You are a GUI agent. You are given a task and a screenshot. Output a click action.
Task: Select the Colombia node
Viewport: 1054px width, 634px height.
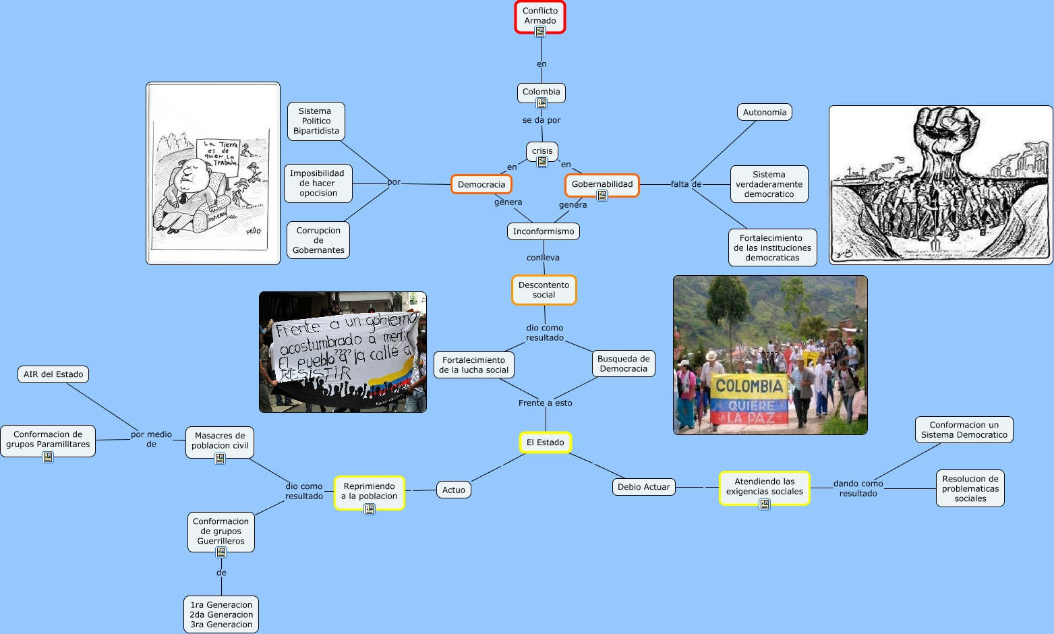click(x=541, y=92)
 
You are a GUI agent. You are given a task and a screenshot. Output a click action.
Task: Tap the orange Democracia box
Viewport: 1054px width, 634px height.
click(x=481, y=184)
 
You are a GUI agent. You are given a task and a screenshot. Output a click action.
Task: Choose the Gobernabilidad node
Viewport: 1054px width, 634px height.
click(x=602, y=184)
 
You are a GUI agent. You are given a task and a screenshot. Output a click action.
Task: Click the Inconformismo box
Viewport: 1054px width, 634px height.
click(x=544, y=231)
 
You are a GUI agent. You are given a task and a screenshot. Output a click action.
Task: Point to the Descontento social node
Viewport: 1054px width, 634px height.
click(x=544, y=289)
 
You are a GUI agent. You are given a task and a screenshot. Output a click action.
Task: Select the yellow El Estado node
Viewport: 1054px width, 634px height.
click(x=545, y=442)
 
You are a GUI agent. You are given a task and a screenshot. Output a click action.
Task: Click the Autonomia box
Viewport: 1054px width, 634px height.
click(x=765, y=113)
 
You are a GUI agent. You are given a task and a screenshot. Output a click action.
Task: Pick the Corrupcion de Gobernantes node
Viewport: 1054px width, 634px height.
click(x=318, y=240)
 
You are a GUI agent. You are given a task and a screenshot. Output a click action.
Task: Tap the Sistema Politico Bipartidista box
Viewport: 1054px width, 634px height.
click(x=316, y=121)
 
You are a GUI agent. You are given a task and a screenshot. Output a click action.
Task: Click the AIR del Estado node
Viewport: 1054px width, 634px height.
click(x=53, y=374)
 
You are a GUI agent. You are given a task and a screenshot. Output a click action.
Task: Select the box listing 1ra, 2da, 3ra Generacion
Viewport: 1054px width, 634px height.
click(x=221, y=614)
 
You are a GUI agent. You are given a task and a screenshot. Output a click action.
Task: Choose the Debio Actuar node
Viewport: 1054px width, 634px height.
click(x=643, y=487)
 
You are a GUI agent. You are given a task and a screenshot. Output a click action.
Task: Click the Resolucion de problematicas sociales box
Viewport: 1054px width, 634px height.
click(x=970, y=488)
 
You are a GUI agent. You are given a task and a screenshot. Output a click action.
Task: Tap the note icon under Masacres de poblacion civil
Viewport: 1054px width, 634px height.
click(x=220, y=459)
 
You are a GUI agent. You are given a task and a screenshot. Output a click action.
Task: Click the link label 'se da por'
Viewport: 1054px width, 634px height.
click(x=541, y=120)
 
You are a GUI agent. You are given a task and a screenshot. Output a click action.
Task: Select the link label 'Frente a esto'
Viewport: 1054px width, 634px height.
click(x=545, y=403)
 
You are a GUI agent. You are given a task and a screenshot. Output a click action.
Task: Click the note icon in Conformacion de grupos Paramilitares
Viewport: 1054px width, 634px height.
click(x=48, y=457)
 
